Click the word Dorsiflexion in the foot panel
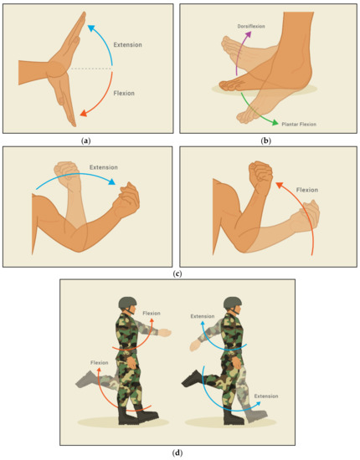point(251,26)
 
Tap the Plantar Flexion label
point(299,124)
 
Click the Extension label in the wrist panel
point(128,44)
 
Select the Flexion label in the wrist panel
point(124,93)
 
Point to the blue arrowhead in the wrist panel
point(91,28)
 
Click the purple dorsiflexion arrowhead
point(249,34)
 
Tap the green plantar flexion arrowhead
point(275,122)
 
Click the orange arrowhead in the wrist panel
point(84,113)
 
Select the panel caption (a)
point(85,141)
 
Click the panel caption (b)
point(266,141)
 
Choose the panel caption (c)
point(177,274)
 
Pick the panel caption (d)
point(177,452)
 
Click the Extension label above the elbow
point(104,167)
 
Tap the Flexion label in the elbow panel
point(307,190)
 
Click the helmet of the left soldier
point(127,303)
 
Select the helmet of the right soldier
point(233,303)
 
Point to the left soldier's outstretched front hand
point(164,333)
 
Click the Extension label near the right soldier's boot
point(266,396)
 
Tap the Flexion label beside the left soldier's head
point(152,314)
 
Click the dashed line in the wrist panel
point(91,69)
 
